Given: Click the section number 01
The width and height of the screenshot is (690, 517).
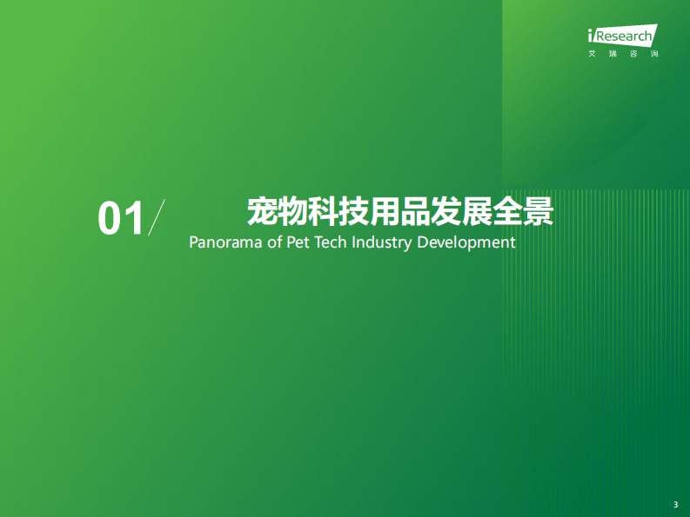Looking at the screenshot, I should click(x=120, y=218).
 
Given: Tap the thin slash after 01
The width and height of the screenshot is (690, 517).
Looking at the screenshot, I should click(x=157, y=217).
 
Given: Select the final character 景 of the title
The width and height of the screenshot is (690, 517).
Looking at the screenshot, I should click(x=539, y=211).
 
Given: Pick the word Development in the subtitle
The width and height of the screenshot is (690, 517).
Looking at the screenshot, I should click(x=466, y=242).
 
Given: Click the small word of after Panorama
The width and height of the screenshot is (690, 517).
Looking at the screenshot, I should click(x=275, y=242).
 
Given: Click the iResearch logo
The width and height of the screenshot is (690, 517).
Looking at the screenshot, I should click(x=621, y=36).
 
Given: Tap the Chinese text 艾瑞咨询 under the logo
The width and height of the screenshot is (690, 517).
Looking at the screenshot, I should click(x=622, y=54).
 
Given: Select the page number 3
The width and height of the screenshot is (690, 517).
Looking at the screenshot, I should click(x=675, y=505).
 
